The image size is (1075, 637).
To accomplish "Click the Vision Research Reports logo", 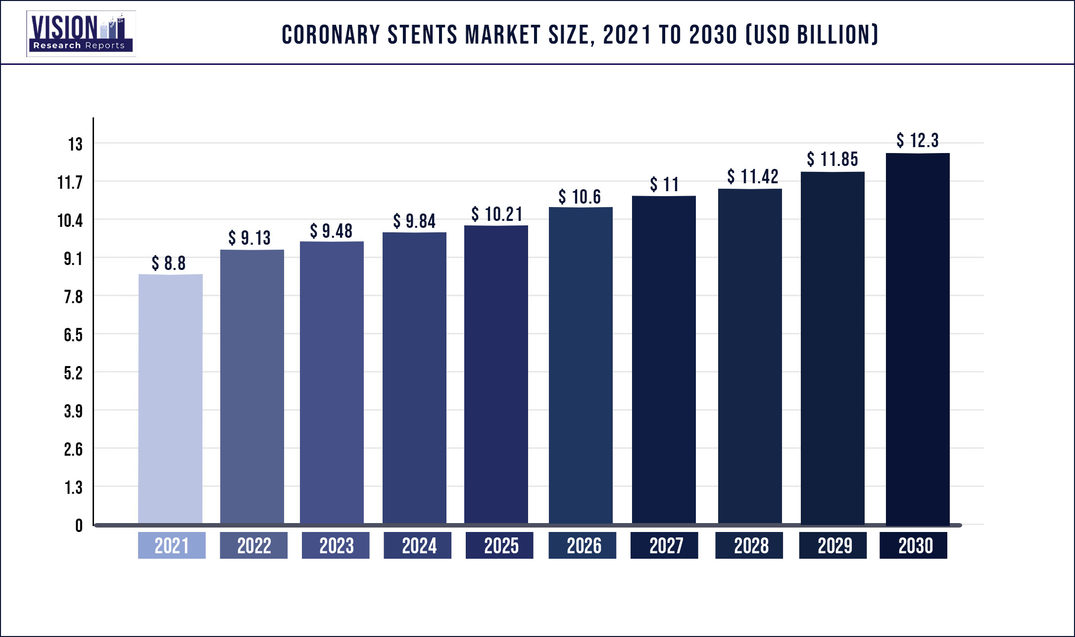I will click(81, 33).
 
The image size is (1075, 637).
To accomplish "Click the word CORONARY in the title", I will click(331, 35).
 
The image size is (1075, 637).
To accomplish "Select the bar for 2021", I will click(170, 399).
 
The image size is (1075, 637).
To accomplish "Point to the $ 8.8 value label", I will click(169, 264).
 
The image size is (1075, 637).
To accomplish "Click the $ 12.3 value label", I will click(917, 141).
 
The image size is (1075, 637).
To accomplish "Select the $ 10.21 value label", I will click(496, 214).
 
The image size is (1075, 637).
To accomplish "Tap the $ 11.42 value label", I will click(752, 176).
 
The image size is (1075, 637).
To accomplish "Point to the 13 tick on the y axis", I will click(75, 144).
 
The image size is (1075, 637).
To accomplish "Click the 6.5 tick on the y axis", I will click(73, 335).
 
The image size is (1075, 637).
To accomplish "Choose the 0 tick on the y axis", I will click(79, 526).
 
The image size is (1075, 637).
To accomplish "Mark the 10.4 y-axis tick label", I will click(70, 220).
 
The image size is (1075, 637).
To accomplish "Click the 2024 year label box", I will click(418, 545).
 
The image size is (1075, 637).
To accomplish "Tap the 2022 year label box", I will click(253, 545).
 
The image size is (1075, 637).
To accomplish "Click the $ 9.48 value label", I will click(331, 231).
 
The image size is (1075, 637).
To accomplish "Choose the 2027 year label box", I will click(665, 545).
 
